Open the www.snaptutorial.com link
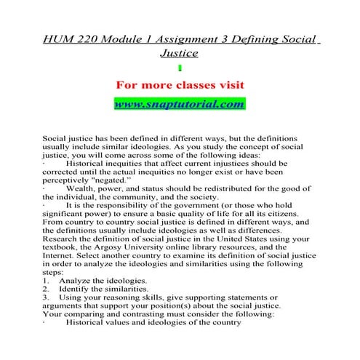(x=180, y=104)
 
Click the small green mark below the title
(x=179, y=67)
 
